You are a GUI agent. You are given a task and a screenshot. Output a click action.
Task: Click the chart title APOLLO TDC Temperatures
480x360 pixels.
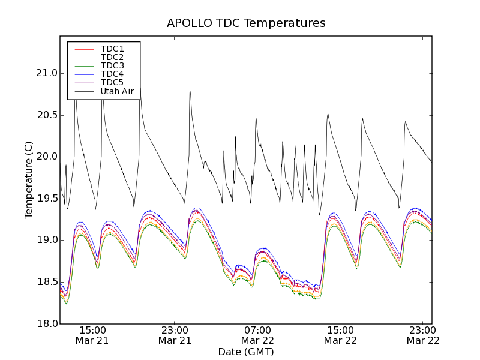246,23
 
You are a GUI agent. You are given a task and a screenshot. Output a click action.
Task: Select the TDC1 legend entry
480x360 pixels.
112,49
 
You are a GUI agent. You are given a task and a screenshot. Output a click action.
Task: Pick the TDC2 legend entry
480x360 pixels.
112,57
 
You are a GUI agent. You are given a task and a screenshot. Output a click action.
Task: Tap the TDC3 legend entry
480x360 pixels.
112,65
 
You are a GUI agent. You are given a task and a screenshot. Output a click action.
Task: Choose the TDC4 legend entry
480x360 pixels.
112,74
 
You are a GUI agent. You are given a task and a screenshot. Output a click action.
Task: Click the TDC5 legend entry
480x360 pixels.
112,82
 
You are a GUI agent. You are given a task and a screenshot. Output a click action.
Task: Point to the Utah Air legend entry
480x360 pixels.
117,91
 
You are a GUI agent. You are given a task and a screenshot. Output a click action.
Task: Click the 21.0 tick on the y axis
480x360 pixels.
46,73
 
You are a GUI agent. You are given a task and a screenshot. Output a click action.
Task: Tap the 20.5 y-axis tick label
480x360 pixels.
46,115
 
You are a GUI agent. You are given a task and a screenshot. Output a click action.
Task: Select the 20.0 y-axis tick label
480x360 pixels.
46,157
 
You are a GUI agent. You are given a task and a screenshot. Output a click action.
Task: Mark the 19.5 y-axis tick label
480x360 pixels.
46,199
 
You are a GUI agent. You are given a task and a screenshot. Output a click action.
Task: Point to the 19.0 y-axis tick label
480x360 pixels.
46,240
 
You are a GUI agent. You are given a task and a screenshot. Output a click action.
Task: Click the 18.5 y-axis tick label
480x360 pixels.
46,282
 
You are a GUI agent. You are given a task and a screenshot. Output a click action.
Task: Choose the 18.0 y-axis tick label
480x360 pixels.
46,324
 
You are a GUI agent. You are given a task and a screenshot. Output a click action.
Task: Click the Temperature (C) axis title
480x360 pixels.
29,180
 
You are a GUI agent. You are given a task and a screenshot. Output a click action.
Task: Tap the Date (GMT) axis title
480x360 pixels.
246,352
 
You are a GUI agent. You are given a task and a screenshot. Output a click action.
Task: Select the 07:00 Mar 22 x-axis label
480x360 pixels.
257,335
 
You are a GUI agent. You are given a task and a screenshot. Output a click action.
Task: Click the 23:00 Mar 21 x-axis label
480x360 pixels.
175,335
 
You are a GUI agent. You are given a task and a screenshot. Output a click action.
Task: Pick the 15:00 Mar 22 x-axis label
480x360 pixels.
340,335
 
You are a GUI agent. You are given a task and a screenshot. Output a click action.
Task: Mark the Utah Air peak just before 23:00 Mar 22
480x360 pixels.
406,121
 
